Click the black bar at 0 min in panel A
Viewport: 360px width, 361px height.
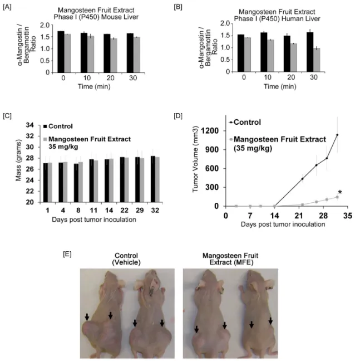coord(61,52)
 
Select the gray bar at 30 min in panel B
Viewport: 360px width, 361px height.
coord(317,60)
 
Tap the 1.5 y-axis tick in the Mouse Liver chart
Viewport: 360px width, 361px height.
coord(45,37)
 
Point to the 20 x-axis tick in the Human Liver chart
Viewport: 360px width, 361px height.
coord(291,77)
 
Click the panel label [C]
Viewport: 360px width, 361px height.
coord(7,115)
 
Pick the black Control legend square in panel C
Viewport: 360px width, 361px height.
coord(45,126)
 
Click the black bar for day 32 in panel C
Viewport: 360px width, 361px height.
coord(153,179)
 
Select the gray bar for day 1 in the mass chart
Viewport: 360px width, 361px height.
coord(50,182)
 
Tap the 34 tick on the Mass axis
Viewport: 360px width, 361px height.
coord(30,125)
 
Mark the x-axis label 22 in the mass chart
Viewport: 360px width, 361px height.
coord(125,210)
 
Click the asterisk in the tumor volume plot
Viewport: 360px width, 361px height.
coord(340,193)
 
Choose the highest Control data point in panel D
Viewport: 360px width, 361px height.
coord(337,135)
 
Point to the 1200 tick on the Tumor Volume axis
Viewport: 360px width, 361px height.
coord(210,131)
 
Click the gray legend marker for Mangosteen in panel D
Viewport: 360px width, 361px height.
coord(231,139)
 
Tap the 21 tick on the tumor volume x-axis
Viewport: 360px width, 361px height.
coord(299,216)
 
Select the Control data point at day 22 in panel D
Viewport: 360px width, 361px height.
coord(302,179)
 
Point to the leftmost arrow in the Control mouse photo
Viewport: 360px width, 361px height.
coord(87,316)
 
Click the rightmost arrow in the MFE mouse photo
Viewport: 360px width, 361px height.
coord(270,321)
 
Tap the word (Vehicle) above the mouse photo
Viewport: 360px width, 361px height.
coord(126,262)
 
